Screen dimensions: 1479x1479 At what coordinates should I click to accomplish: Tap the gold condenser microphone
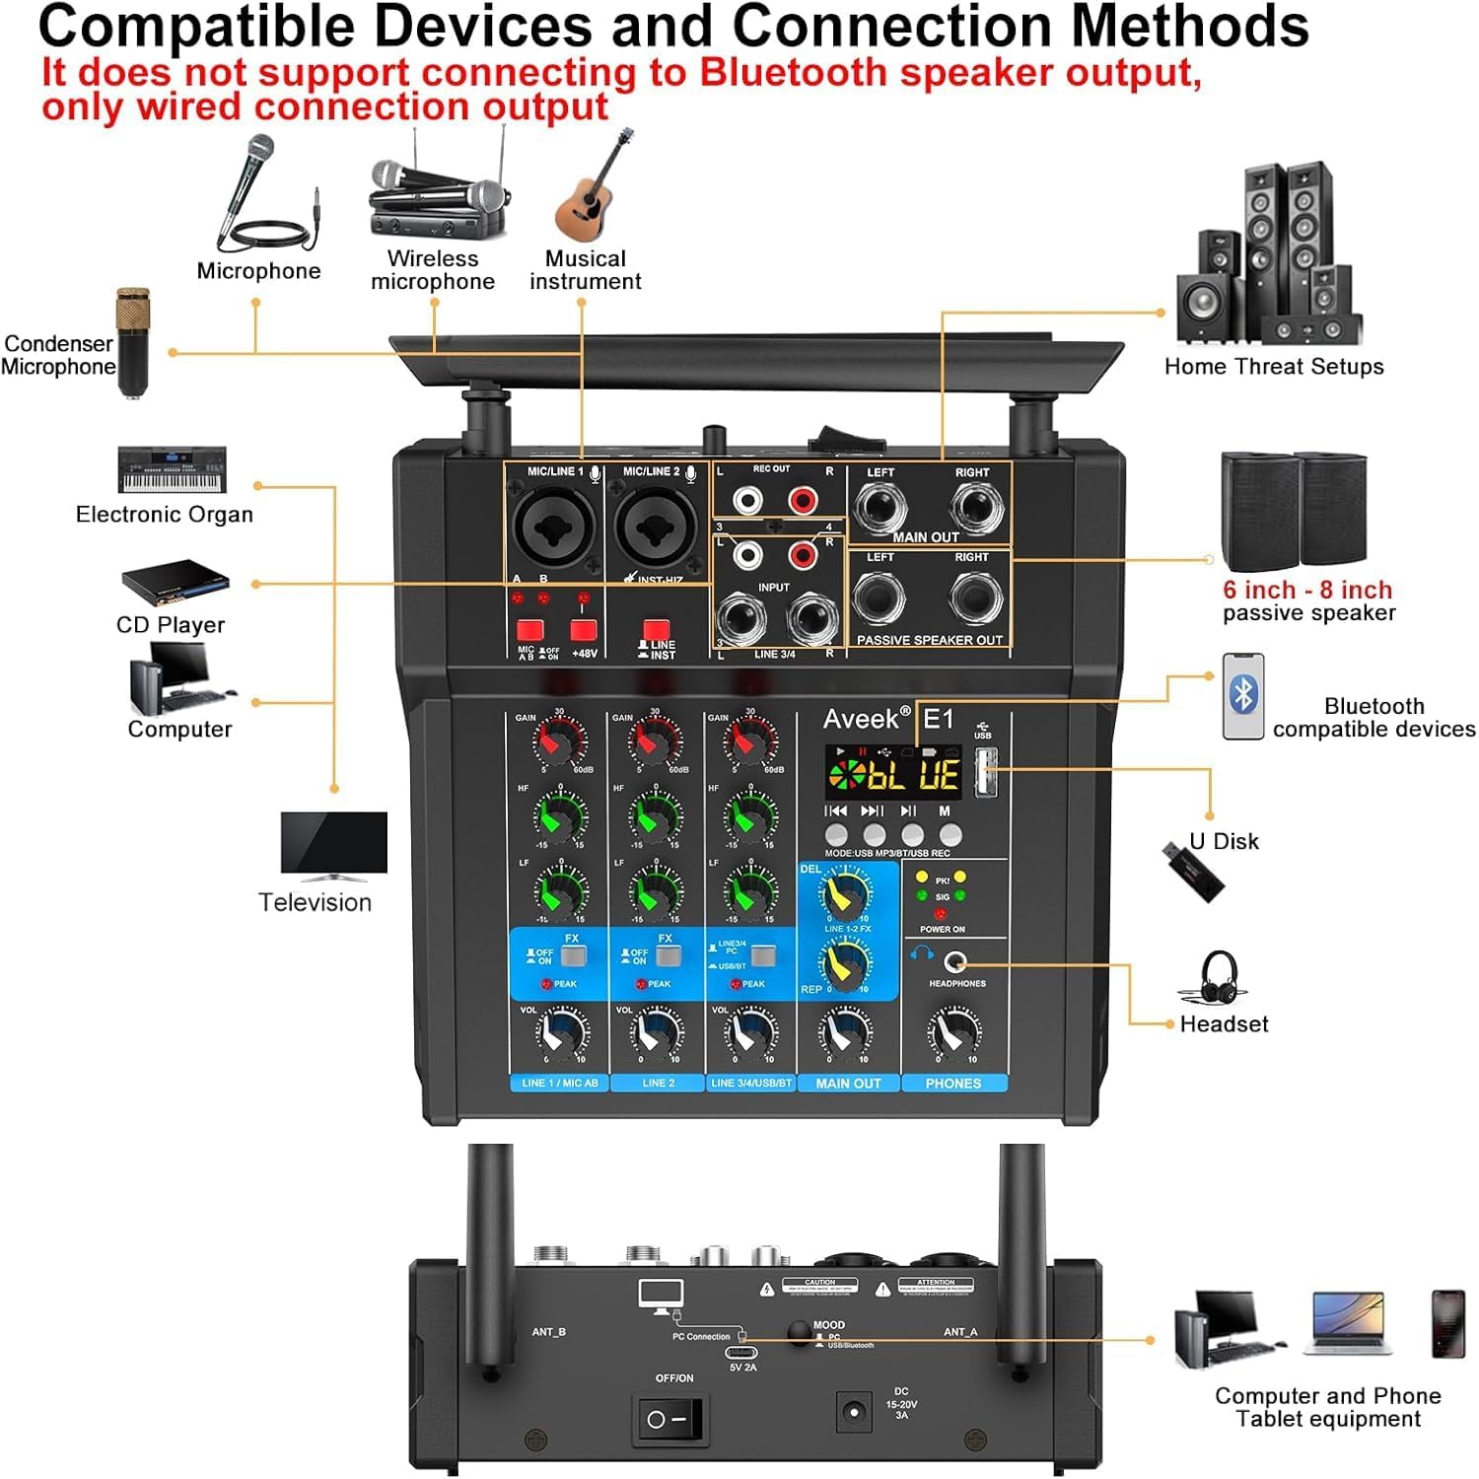pos(133,341)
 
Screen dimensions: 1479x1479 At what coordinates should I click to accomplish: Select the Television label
pos(315,902)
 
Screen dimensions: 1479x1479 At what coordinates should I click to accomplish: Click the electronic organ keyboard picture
pos(173,469)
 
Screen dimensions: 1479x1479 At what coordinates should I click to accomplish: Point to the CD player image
pos(176,583)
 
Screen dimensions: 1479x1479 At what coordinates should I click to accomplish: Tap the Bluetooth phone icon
pos(1243,696)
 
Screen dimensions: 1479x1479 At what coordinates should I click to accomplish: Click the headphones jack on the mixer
pos(954,961)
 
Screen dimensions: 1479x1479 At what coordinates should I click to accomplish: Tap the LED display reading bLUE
pos(892,774)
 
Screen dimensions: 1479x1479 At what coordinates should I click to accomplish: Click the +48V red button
pos(584,630)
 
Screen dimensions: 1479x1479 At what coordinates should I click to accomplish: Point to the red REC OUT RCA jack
pos(804,501)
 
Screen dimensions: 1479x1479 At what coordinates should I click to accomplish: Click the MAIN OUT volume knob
pos(846,1032)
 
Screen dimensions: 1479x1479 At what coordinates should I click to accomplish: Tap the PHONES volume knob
pos(953,1032)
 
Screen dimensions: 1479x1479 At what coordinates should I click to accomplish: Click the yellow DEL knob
pos(845,894)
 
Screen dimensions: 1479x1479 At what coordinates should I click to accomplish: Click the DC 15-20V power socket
pos(854,1413)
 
